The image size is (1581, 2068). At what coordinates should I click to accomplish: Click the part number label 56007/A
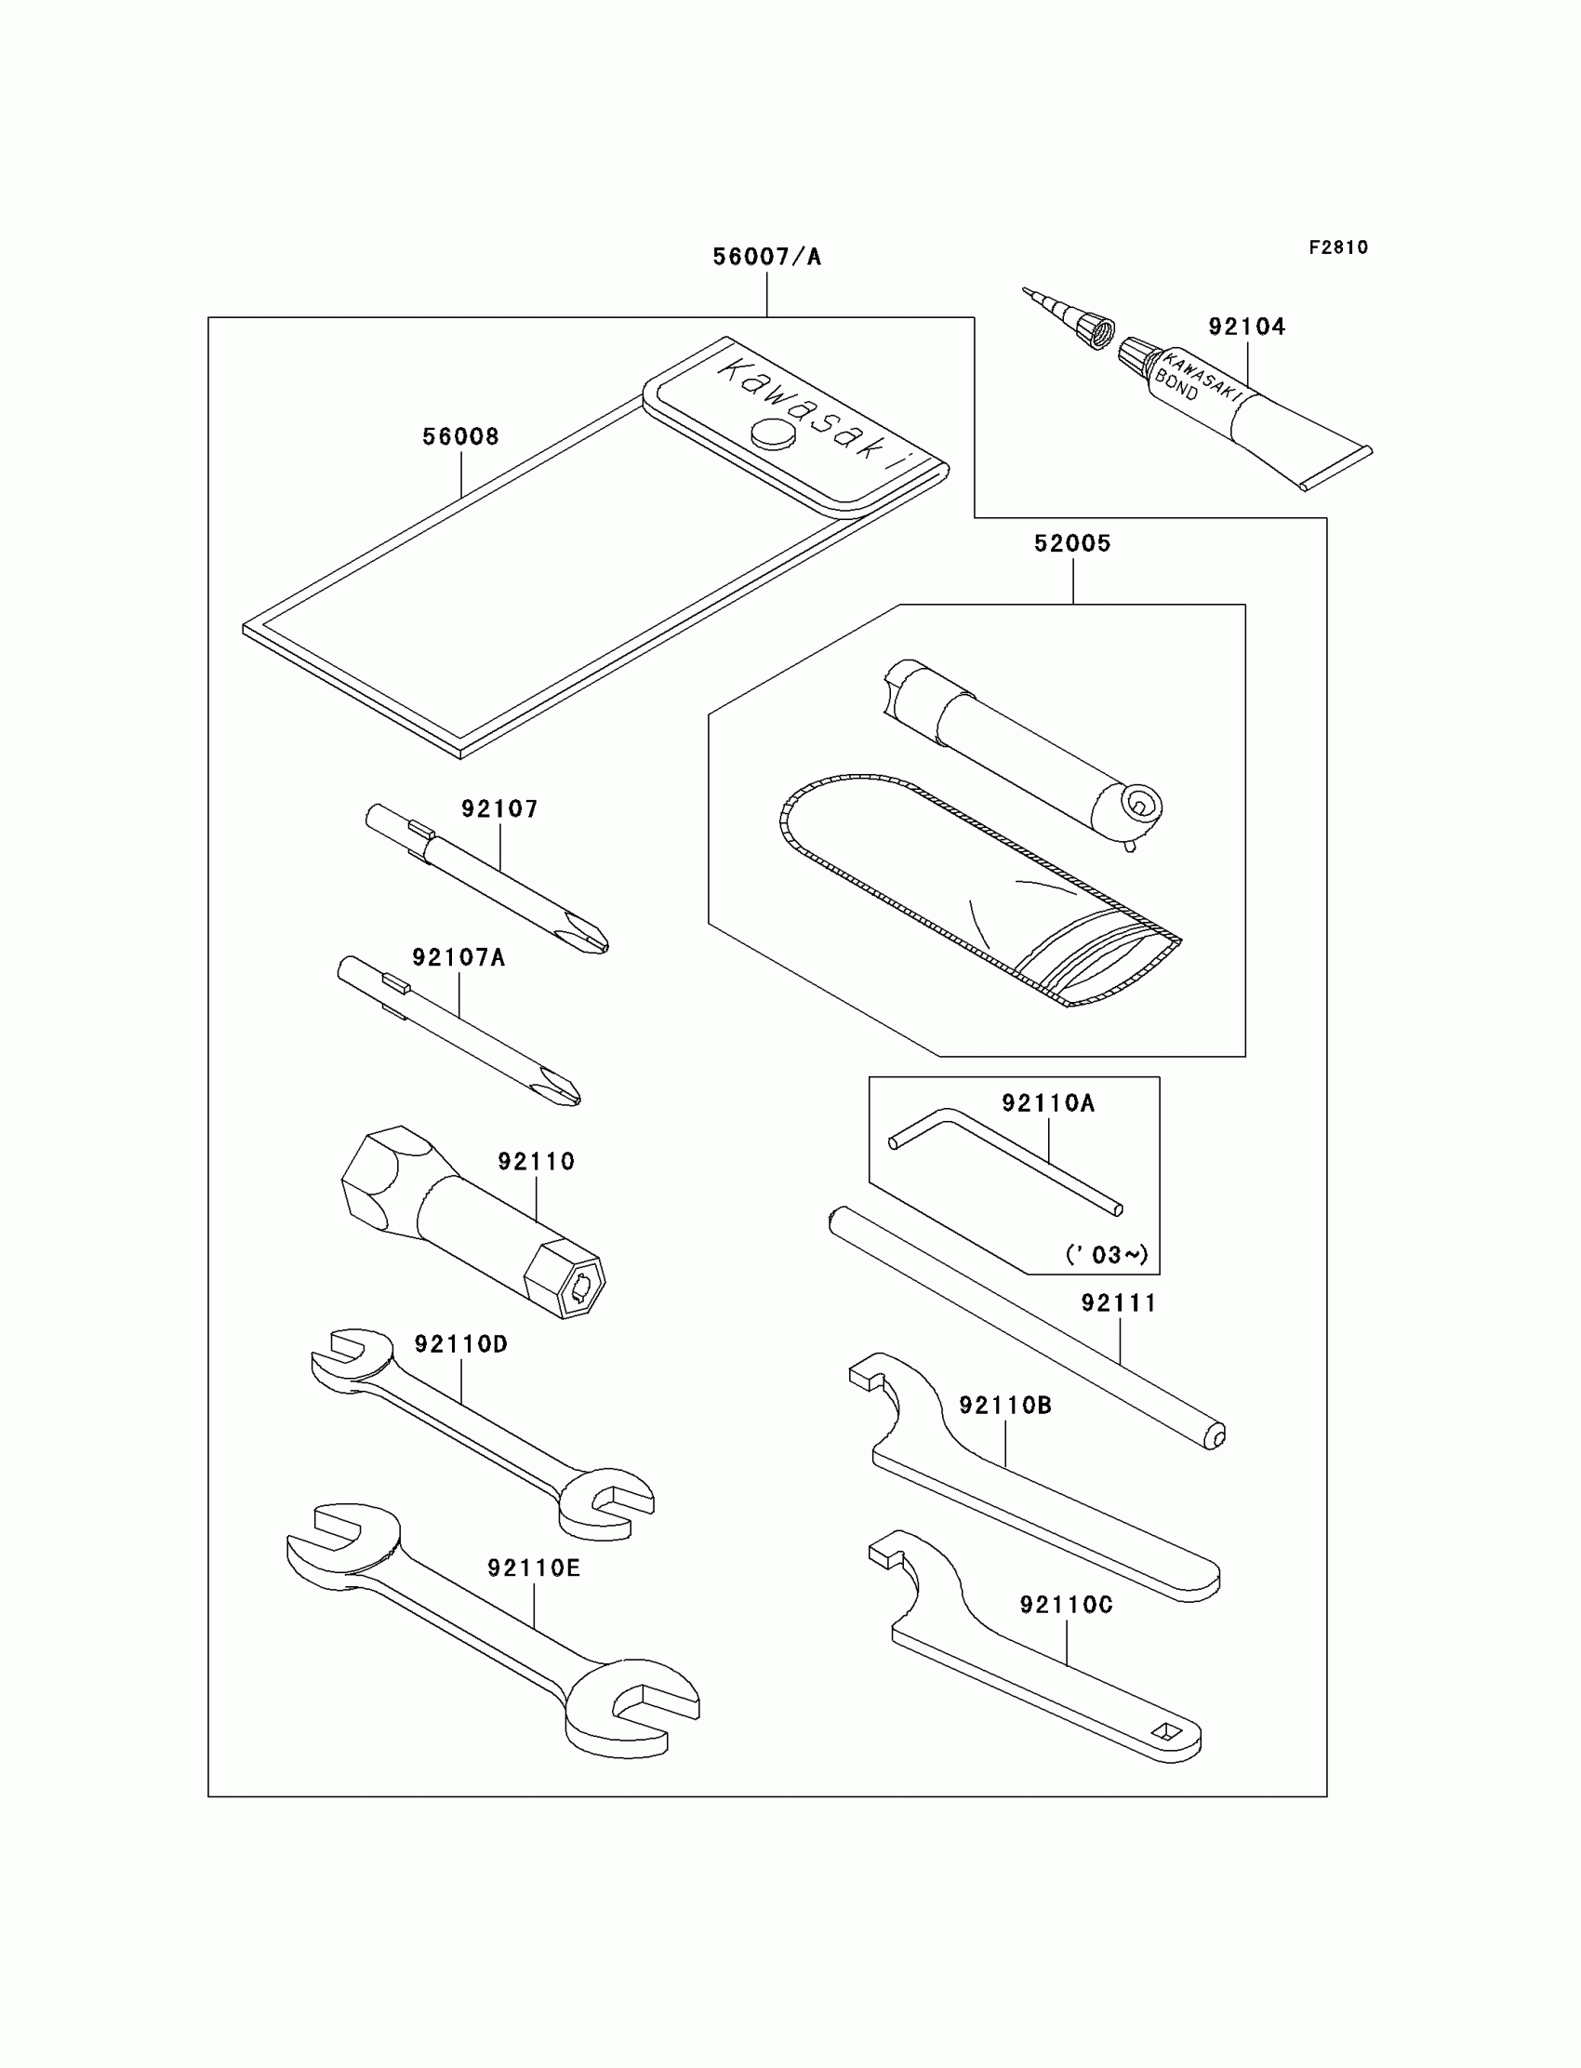[x=766, y=257]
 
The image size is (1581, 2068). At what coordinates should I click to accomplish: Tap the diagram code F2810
[x=1338, y=247]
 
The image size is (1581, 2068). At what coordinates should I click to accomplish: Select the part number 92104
[x=1247, y=327]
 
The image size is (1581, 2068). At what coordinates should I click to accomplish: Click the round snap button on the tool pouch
[x=774, y=434]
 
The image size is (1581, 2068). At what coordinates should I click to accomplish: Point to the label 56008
[x=460, y=436]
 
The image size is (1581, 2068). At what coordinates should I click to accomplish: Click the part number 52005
[x=1072, y=544]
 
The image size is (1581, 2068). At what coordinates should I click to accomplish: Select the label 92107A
[x=458, y=958]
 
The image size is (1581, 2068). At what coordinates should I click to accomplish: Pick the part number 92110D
[x=461, y=1344]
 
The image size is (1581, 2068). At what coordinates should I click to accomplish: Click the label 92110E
[x=534, y=1568]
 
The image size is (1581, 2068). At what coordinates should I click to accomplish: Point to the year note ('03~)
[x=1107, y=1255]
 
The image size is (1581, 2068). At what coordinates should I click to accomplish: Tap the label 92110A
[x=1047, y=1103]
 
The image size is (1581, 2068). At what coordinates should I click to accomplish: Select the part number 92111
[x=1118, y=1303]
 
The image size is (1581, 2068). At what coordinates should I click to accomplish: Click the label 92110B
[x=1005, y=1406]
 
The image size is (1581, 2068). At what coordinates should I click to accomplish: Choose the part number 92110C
[x=1066, y=1605]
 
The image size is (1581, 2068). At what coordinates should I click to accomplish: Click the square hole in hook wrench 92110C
[x=1166, y=1731]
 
